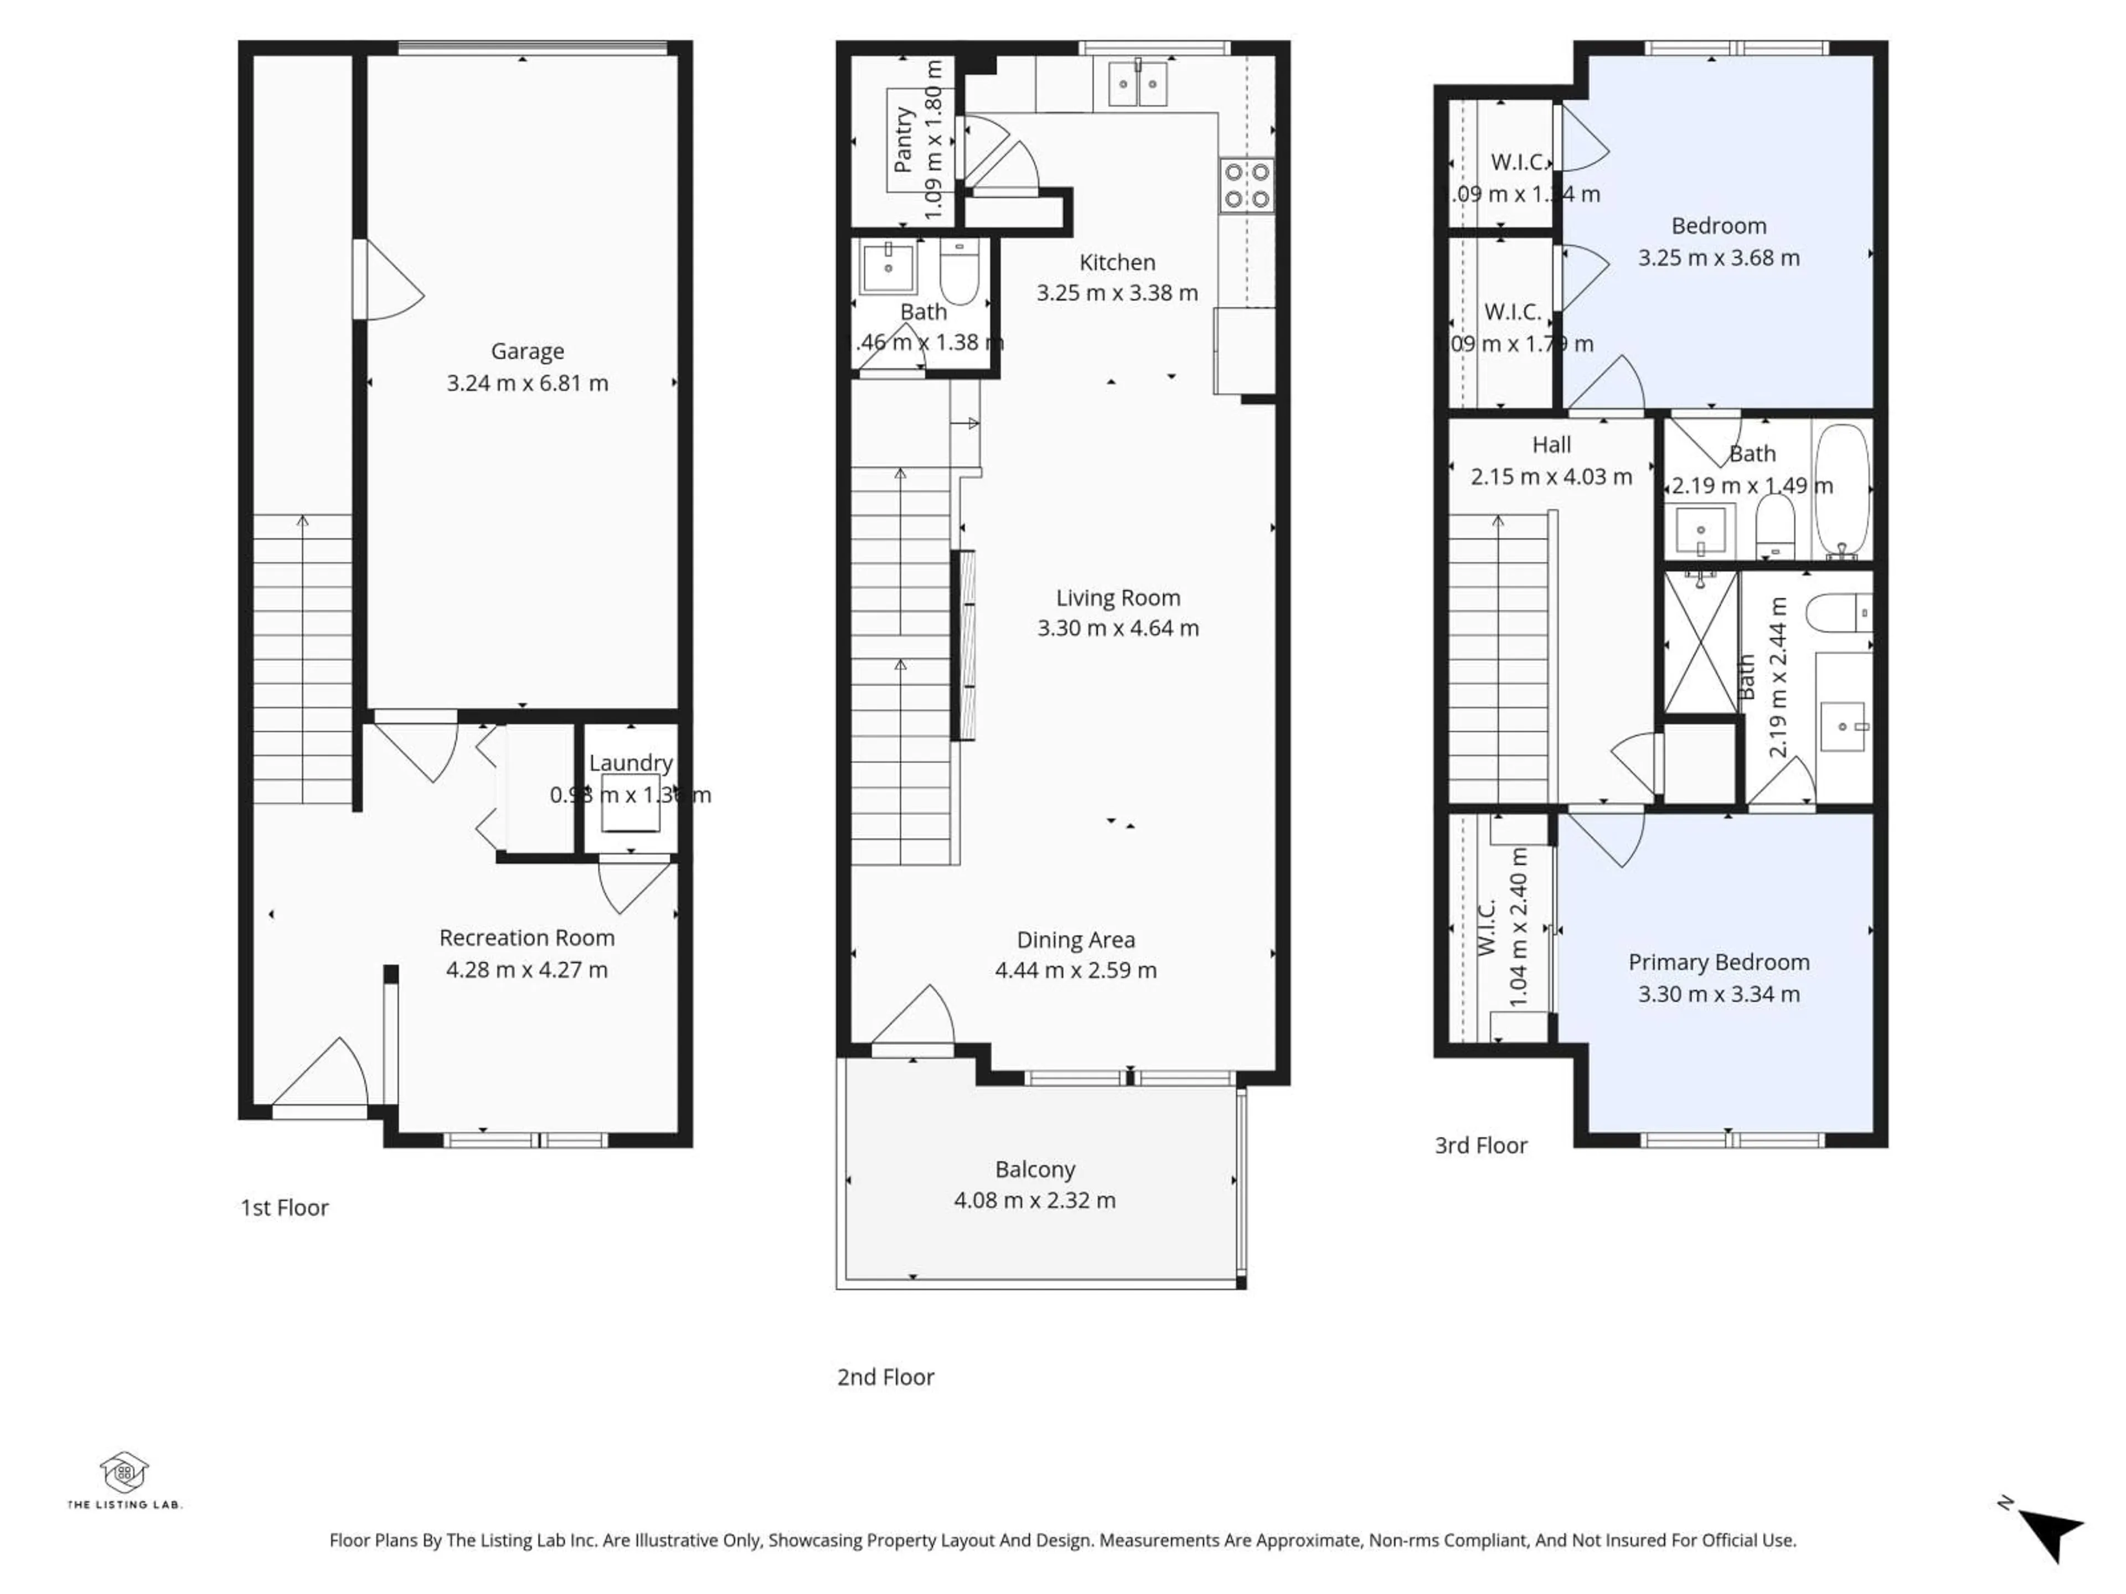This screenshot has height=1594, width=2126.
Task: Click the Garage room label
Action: pyautogui.click(x=527, y=351)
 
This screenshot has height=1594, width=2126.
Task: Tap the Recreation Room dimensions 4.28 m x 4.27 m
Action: pyautogui.click(x=527, y=970)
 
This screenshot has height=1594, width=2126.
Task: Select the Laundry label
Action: pyautogui.click(x=631, y=763)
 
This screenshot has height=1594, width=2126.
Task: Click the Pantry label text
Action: pyautogui.click(x=902, y=140)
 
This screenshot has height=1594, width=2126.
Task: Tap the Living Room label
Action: pyautogui.click(x=1118, y=598)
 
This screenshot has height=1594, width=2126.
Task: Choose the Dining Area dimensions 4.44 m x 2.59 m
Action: pyautogui.click(x=1076, y=970)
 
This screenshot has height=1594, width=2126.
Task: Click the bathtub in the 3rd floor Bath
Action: pyautogui.click(x=1841, y=490)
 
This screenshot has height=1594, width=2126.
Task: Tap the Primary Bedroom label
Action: pyautogui.click(x=1719, y=962)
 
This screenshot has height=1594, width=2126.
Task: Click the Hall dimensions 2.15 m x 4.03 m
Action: pyautogui.click(x=1551, y=477)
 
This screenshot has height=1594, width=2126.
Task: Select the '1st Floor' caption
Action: pyautogui.click(x=285, y=1208)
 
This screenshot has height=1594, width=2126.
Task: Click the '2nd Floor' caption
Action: pyautogui.click(x=885, y=1377)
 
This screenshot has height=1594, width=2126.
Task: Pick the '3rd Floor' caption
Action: pyautogui.click(x=1480, y=1145)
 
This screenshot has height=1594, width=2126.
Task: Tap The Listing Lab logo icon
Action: pyautogui.click(x=124, y=1472)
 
